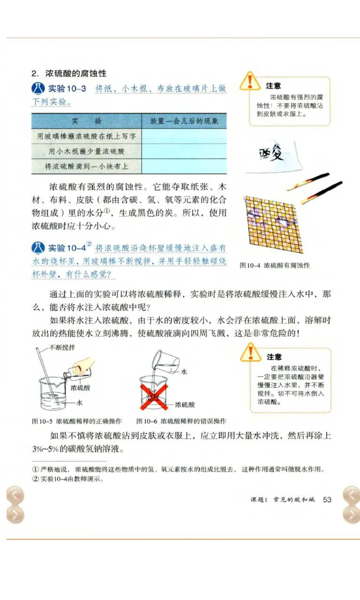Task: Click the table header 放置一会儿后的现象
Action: (184, 121)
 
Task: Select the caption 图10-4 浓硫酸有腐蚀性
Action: (274, 265)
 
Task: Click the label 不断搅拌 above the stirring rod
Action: (62, 347)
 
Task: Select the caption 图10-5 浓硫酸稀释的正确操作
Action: (77, 421)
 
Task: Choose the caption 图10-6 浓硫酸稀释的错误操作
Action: (181, 421)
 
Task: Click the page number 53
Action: (327, 500)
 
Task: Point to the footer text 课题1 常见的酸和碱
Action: (283, 500)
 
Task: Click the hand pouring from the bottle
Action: (86, 364)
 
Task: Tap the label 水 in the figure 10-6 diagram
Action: (184, 372)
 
